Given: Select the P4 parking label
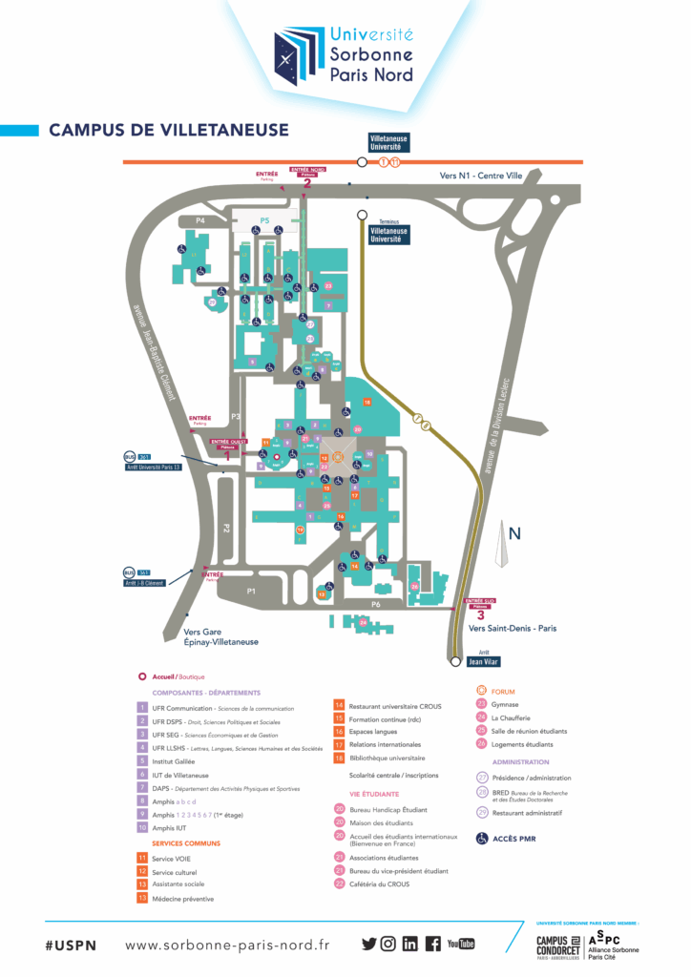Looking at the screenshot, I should (200, 220).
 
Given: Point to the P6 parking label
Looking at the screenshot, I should (376, 605).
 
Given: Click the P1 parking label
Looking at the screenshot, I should (251, 592).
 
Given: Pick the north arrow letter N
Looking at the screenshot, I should (513, 534).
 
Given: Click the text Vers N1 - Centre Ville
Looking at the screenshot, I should (475, 176).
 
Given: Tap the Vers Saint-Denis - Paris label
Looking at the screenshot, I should (513, 628).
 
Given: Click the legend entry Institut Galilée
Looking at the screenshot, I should (173, 761).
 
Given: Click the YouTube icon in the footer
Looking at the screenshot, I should (461, 944).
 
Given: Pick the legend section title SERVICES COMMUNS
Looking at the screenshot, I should (187, 843).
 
